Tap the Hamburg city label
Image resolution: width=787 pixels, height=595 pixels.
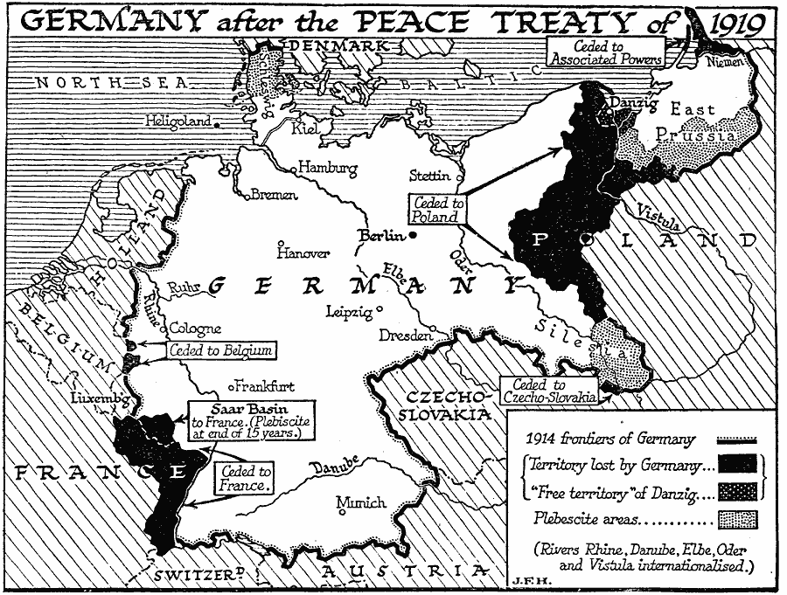pos(328,167)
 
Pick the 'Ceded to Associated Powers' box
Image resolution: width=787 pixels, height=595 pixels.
pos(605,52)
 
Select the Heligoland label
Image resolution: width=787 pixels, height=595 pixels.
pos(178,121)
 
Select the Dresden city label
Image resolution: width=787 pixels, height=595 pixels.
pos(406,336)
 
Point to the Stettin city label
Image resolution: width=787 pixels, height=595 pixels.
pos(429,176)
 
